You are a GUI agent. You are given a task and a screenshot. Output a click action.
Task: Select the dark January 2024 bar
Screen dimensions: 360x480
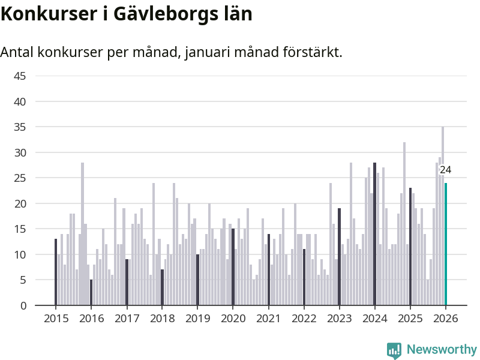coord(375,234)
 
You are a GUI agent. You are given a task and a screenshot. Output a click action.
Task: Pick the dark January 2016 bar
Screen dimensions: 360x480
coord(91,292)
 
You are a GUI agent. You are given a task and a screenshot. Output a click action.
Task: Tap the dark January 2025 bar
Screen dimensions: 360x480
coord(410,247)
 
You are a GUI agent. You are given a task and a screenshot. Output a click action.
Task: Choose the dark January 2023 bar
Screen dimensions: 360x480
coord(339,257)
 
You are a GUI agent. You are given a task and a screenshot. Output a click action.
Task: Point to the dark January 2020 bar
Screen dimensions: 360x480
coord(233,267)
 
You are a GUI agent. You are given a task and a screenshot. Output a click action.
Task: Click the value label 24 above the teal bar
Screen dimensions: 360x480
coord(445,170)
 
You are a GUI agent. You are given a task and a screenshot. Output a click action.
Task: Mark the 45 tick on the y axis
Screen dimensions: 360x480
coord(20,76)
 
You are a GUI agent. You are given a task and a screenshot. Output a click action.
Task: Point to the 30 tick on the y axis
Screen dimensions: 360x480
coord(20,152)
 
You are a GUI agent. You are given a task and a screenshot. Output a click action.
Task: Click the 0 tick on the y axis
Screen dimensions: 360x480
coord(23,305)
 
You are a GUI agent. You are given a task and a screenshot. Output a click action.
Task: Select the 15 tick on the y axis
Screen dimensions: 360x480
coord(20,229)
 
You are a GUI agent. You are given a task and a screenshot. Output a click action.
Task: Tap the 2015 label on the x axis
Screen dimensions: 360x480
coord(55,319)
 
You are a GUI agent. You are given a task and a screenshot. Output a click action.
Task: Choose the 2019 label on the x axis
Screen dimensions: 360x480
coord(197,319)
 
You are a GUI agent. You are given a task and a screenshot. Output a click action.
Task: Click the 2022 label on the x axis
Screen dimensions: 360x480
coord(304,319)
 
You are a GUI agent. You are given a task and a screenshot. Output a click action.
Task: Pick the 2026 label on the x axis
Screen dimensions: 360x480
coord(446,319)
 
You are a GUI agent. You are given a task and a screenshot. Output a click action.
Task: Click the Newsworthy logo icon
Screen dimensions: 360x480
coord(394,350)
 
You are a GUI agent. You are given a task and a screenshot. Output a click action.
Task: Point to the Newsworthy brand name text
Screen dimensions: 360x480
coord(442,350)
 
